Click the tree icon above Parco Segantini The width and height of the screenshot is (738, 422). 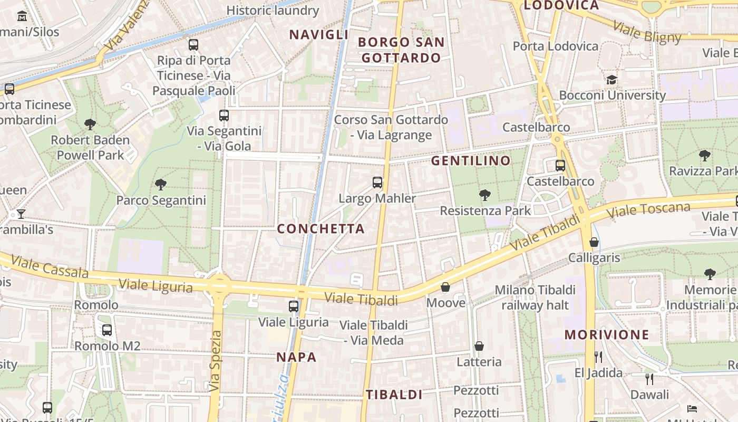pos(161,184)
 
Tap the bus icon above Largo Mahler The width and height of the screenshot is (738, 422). pos(377,183)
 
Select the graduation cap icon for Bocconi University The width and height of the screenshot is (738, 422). pos(611,80)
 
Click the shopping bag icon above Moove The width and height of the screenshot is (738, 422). pos(445,287)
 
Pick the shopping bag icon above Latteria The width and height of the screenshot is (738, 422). pos(479,346)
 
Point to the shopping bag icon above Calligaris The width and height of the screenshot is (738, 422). pos(594,242)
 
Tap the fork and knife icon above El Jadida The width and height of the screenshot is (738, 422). pos(598,357)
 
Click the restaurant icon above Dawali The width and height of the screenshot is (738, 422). pos(649,379)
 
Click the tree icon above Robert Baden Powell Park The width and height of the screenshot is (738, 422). pos(90,124)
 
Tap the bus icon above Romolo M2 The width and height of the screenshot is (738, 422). pos(107,330)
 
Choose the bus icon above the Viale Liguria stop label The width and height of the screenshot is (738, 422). pos(294,306)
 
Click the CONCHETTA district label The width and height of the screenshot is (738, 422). pos(321,229)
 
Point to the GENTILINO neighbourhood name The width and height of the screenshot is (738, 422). pos(471,161)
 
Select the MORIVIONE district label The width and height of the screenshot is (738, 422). pos(607,335)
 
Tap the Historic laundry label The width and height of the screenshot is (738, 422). pos(273,11)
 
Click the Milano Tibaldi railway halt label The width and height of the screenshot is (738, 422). pos(535,298)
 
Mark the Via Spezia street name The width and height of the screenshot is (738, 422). pos(215,361)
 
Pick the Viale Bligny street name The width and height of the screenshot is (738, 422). pos(647,32)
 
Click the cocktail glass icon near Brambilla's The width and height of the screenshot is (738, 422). pos(21,214)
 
